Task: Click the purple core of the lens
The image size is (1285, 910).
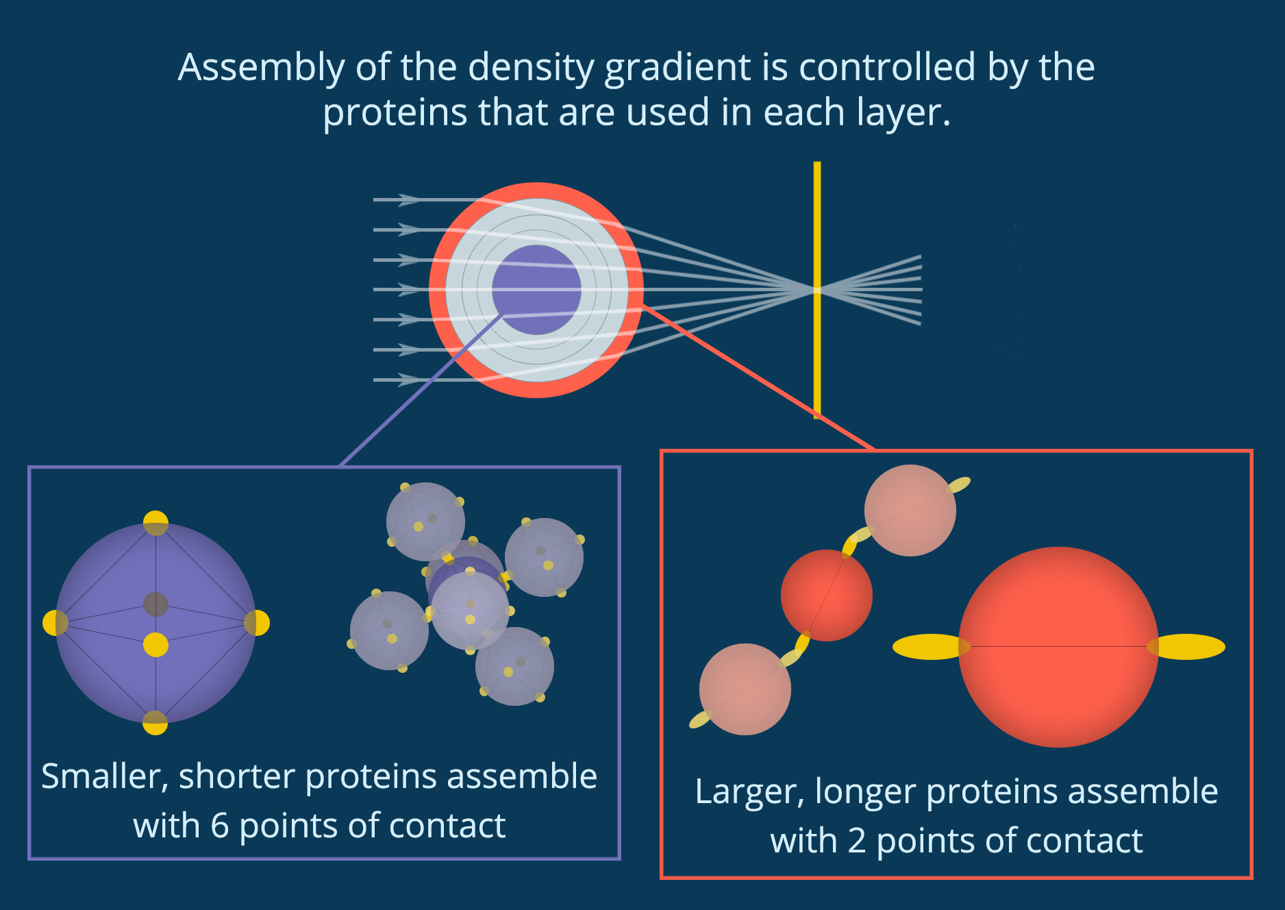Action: [536, 290]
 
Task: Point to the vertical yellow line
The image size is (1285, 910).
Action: [817, 290]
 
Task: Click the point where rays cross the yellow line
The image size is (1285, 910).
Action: [817, 290]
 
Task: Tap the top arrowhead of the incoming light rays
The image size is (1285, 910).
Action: [410, 199]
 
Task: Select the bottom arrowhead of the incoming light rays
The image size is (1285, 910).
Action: [410, 380]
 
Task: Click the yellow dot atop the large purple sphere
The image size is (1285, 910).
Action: [155, 523]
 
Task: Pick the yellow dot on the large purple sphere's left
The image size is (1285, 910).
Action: [55, 623]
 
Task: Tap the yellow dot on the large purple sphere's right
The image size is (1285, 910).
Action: [257, 623]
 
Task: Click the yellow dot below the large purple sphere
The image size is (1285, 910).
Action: [155, 723]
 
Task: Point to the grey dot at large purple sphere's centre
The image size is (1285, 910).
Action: [155, 604]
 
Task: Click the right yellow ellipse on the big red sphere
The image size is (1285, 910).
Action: [1186, 647]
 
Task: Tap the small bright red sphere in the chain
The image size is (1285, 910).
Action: [827, 595]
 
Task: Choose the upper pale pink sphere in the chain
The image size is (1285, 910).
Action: [910, 511]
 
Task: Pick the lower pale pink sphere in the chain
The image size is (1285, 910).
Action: [745, 689]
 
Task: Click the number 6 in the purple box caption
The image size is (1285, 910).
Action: [220, 826]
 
